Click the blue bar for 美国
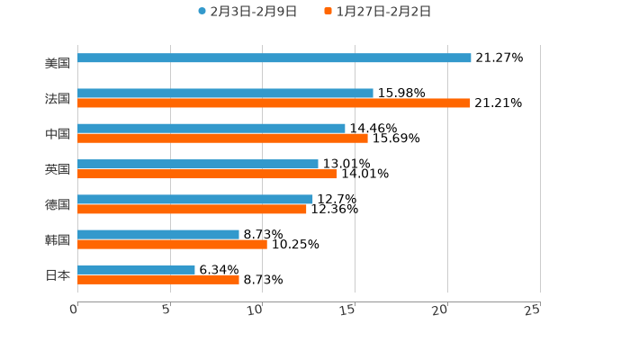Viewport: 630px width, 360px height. (x=274, y=58)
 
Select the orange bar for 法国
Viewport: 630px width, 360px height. (x=274, y=103)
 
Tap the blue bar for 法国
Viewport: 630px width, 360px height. (x=225, y=94)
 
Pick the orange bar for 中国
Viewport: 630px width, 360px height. (x=222, y=139)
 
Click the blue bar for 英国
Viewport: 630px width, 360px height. (x=198, y=164)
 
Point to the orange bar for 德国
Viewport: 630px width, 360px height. (x=192, y=210)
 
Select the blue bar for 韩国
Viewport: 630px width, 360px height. (x=158, y=235)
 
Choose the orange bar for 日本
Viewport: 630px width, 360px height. (x=158, y=280)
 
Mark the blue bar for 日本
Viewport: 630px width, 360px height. (x=136, y=270)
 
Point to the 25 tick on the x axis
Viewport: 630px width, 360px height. (x=532, y=310)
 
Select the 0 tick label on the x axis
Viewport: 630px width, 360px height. (x=74, y=310)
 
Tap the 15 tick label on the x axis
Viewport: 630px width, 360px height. (x=347, y=310)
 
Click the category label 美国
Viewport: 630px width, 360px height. (x=58, y=64)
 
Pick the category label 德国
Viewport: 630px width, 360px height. (x=58, y=204)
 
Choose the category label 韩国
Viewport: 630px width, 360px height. (x=58, y=239)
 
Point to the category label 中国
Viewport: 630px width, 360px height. (x=58, y=134)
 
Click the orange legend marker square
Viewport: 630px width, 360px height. (x=328, y=12)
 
